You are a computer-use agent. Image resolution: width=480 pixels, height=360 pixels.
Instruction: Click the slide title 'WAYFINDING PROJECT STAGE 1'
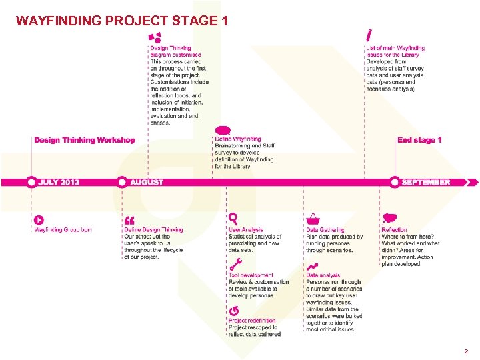coord(122,21)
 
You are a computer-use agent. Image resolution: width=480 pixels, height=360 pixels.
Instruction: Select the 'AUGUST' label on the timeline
coord(147,182)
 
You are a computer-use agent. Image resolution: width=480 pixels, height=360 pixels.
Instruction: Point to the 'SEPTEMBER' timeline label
coord(425,182)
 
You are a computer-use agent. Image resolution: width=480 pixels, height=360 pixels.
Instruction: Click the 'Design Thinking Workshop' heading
coord(84,140)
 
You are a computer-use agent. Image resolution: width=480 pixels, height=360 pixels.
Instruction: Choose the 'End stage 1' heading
coord(419,140)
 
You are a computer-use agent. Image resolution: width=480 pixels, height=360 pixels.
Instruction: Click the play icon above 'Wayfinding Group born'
coord(39,219)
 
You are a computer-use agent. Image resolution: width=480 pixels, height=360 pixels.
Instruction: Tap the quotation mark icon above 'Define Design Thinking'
coord(129,220)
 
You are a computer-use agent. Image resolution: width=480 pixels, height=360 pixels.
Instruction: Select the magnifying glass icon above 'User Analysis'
coord(233,218)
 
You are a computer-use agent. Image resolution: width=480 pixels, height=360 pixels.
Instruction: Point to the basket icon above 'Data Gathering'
coord(312,219)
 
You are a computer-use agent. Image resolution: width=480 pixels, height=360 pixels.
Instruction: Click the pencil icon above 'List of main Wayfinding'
coord(369,34)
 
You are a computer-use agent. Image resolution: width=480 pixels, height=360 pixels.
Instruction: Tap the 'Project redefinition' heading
coord(251,321)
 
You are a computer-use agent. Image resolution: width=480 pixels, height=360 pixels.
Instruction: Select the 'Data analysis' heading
coord(323,275)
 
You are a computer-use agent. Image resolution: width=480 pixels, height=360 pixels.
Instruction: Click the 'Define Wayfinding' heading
coord(238,139)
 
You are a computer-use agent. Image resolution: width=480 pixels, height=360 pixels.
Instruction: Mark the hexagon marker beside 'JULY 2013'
coord(31,182)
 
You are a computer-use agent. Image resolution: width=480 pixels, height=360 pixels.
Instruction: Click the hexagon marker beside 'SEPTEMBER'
coord(395,182)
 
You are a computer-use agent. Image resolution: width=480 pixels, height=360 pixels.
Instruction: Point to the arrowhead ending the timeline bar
coord(474,182)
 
